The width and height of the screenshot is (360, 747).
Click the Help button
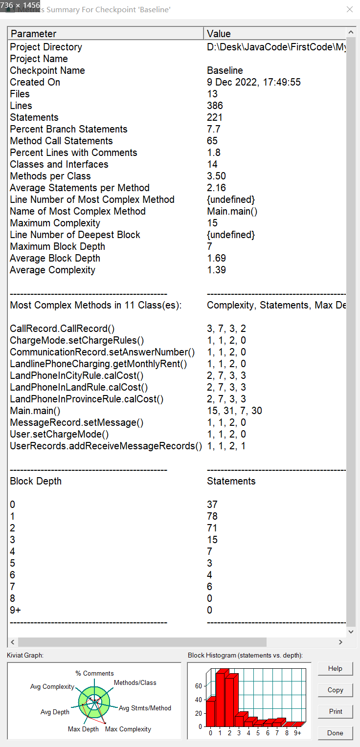click(335, 668)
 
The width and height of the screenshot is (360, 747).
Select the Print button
click(335, 711)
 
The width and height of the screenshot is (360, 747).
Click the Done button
click(335, 733)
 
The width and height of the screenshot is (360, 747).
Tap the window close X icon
click(349, 9)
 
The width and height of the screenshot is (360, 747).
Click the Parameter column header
click(33, 34)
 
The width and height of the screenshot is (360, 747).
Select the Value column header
click(219, 34)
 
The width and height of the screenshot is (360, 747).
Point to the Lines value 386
click(215, 106)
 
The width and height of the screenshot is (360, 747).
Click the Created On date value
click(253, 82)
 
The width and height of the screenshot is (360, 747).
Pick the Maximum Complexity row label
click(55, 223)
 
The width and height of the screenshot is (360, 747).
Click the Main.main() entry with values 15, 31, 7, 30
click(35, 411)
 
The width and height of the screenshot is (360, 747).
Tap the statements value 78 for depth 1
click(212, 516)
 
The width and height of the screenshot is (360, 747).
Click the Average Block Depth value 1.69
click(216, 258)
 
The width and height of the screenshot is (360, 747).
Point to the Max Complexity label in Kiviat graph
click(128, 729)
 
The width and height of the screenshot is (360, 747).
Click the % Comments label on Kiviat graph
click(94, 673)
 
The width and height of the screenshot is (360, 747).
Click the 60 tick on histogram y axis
click(199, 686)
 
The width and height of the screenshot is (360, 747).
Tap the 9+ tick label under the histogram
click(297, 733)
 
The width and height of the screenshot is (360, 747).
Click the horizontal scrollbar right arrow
click(340, 642)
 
